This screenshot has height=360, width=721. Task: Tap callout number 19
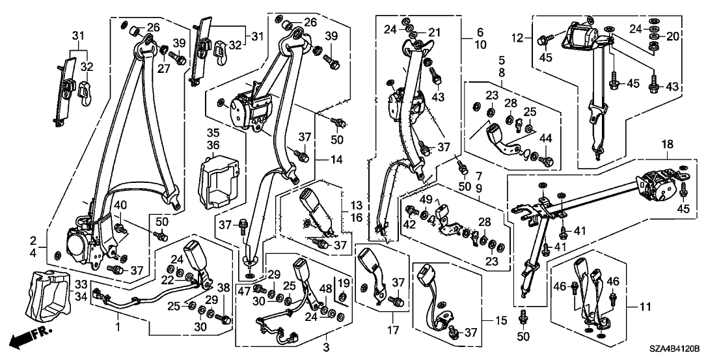tap(343, 282)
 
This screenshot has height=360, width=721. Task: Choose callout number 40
tap(120, 206)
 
